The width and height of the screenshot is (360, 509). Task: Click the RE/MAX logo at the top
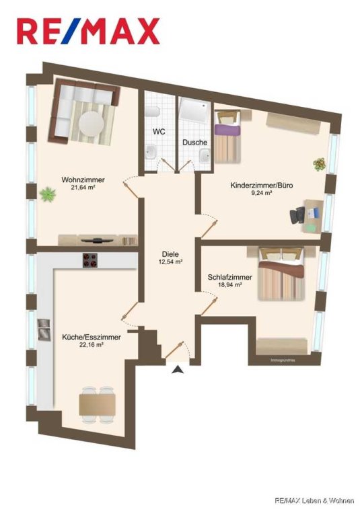click(x=88, y=31)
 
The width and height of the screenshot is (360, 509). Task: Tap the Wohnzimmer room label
click(x=83, y=180)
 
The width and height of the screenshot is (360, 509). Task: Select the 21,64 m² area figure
click(x=83, y=188)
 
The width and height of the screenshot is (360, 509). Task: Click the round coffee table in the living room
click(x=92, y=124)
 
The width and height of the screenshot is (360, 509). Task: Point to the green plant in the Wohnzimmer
click(x=47, y=194)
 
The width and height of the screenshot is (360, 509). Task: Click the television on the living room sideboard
click(x=97, y=240)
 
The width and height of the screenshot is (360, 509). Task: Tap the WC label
click(x=159, y=132)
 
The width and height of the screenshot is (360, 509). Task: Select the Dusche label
click(x=194, y=142)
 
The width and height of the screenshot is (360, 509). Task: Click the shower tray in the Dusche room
click(x=194, y=111)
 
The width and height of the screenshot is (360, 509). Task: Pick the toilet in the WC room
click(x=152, y=112)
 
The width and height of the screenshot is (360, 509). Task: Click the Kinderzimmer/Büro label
click(x=262, y=186)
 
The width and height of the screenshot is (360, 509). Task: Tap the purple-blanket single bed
click(x=227, y=136)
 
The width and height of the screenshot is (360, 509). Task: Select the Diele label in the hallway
click(x=170, y=254)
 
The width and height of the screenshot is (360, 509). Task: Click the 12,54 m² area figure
click(x=170, y=262)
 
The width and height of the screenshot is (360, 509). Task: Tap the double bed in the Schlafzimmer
click(x=281, y=274)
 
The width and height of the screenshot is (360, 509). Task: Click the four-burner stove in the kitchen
click(x=90, y=260)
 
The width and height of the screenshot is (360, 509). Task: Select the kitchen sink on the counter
click(x=44, y=329)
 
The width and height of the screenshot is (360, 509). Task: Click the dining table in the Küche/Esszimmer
click(x=98, y=405)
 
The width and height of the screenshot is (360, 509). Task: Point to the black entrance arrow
click(x=178, y=369)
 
